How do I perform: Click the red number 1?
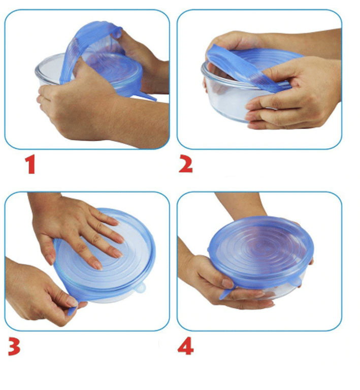pyautogui.click(x=30, y=164)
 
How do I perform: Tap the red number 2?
pyautogui.click(x=186, y=164)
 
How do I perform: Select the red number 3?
pyautogui.click(x=14, y=346)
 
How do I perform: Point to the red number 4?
pyautogui.click(x=185, y=346)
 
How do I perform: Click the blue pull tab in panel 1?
pyautogui.click(x=148, y=96)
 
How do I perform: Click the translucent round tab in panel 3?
pyautogui.click(x=141, y=288)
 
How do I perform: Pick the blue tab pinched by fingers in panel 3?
pyautogui.click(x=72, y=311)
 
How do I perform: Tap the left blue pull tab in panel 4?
pyautogui.click(x=226, y=293)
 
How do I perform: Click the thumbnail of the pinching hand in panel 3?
pyautogui.click(x=72, y=302)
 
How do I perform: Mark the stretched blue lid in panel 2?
pyautogui.click(x=251, y=66)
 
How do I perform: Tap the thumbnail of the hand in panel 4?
pyautogui.click(x=228, y=283)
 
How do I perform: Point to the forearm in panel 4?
pyautogui.click(x=239, y=204)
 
